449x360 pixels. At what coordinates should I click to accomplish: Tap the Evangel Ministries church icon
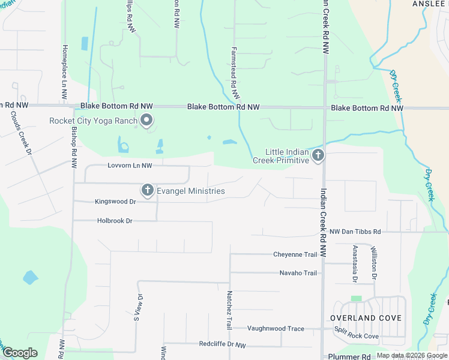[x=147, y=191]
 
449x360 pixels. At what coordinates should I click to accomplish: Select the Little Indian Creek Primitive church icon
[x=318, y=156]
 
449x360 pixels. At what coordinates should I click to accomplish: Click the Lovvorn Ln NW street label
[x=130, y=165]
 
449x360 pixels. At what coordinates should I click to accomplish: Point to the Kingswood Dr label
[x=116, y=202]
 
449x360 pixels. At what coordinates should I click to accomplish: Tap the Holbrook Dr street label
[x=115, y=221]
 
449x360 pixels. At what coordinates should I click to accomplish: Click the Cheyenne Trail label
[x=295, y=254]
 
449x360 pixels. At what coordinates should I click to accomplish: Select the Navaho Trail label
[x=298, y=273]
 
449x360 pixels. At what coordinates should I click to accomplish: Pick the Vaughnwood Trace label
[x=276, y=328]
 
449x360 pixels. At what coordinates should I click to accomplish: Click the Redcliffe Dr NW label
[x=223, y=344]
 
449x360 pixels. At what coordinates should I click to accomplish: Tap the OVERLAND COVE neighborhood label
[x=366, y=317]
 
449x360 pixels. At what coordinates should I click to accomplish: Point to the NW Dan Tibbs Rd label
[x=355, y=232]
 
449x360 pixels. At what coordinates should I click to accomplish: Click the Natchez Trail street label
[x=229, y=310]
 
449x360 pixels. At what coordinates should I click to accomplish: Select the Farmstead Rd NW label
[x=235, y=73]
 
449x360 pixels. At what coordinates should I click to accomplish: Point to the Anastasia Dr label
[x=355, y=263]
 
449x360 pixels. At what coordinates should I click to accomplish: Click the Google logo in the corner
[x=20, y=353]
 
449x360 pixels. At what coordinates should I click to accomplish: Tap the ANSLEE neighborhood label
[x=429, y=4]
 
